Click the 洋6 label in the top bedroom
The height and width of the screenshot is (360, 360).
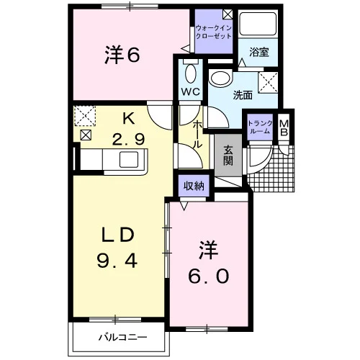122,55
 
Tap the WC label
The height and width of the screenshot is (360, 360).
191,91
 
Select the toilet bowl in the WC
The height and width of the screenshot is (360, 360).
191,73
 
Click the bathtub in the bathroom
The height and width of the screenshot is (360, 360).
258,24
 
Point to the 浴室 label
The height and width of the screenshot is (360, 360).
258,52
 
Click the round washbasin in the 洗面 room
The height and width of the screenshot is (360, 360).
220,77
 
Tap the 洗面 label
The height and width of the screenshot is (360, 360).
243,95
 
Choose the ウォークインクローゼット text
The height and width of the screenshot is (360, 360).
213,32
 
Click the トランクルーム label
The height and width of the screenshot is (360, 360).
260,127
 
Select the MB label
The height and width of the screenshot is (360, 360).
284,127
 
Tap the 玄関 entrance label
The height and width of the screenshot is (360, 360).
228,156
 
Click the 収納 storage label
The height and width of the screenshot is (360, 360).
194,186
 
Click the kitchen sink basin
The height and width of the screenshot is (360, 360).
129,159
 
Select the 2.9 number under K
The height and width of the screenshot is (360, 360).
128,140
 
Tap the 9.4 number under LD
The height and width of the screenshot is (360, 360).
117,261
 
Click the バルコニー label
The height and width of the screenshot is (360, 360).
122,338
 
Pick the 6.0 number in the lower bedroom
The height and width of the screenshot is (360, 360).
208,276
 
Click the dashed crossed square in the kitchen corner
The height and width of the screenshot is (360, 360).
85,116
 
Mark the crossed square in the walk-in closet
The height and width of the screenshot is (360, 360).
228,14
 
